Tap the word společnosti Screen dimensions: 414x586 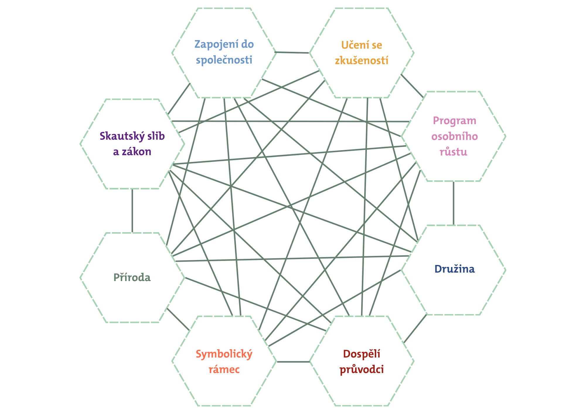[x=224, y=60]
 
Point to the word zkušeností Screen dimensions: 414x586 [x=362, y=61]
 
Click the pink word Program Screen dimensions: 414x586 [x=454, y=121]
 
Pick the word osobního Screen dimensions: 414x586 [x=454, y=136]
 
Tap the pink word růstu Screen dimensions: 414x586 [x=453, y=152]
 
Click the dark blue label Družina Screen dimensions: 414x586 [x=454, y=269]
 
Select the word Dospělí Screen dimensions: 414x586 [x=362, y=354]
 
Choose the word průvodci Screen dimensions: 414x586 [x=362, y=370]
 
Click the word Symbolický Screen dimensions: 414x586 [x=224, y=354]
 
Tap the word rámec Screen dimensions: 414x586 [x=224, y=369]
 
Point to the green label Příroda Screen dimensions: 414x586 [x=132, y=278]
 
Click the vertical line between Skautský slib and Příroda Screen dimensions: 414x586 [x=132, y=211]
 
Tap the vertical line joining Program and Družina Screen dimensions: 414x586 [x=454, y=203]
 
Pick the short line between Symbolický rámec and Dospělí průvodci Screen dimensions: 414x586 [x=293, y=362]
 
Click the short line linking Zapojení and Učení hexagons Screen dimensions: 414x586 [x=292, y=53]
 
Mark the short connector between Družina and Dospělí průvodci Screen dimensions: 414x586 [x=415, y=328]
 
